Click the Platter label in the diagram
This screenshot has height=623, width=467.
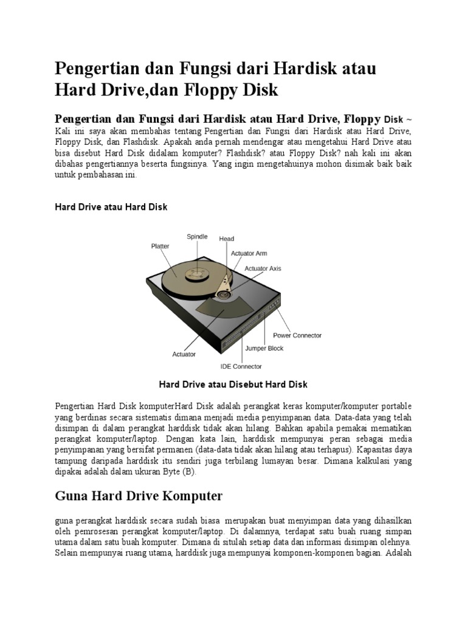pos(161,246)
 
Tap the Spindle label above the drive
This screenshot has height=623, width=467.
pos(197,236)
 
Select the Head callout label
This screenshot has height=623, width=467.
pos(227,239)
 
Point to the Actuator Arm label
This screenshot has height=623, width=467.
pos(249,253)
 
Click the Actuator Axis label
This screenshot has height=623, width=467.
pos(263,268)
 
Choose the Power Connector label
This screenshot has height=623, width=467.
pos(297,335)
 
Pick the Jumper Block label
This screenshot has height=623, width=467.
pos(264,349)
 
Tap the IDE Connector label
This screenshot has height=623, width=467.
pos(241,366)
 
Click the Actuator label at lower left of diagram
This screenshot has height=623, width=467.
pos(184,353)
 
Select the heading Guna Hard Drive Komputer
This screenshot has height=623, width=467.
pos(139,496)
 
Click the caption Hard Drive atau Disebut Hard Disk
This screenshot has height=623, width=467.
pos(233,385)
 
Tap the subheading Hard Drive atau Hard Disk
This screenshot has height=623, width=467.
pos(111,207)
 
